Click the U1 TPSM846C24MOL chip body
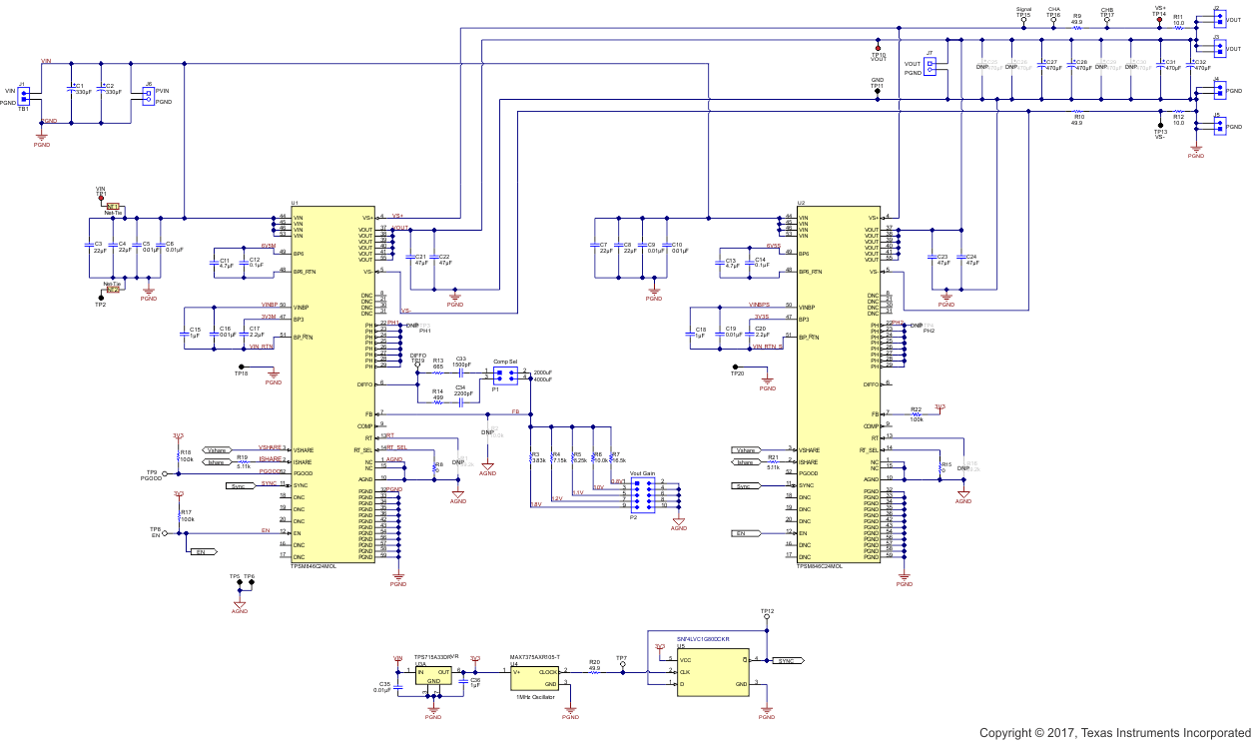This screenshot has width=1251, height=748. click(332, 389)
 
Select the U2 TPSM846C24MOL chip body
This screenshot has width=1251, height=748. click(839, 389)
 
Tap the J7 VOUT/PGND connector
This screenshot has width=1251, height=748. click(931, 67)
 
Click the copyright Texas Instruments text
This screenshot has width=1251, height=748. click(1112, 734)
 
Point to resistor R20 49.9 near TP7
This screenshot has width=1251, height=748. click(594, 672)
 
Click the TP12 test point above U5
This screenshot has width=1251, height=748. click(767, 617)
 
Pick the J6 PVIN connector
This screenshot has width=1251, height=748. click(149, 96)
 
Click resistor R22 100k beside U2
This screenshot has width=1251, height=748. click(916, 414)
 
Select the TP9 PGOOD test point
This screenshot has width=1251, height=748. click(165, 474)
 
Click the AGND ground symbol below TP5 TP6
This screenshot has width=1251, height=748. click(240, 604)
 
